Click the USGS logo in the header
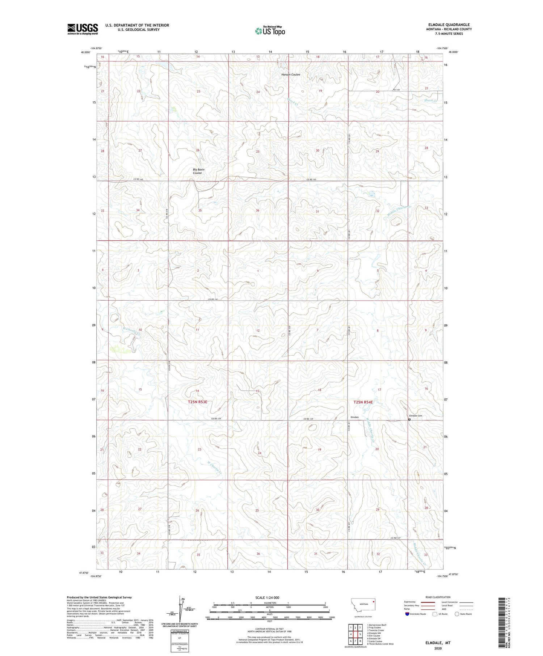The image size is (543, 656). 83,29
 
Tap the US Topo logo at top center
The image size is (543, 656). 270,31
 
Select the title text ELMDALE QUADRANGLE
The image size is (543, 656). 449,25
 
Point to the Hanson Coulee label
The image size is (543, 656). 291,75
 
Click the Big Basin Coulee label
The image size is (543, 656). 198,171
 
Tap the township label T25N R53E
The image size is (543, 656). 197,402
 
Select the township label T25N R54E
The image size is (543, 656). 363,402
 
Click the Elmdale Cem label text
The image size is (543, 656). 415,416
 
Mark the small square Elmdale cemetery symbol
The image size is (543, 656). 409,420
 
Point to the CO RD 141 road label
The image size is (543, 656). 214,299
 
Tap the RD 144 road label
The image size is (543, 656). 398,90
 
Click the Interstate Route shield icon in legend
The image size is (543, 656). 407,614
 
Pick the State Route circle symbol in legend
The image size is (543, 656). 457,614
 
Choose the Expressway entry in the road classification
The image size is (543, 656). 411,602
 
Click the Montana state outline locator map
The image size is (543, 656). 363,605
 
